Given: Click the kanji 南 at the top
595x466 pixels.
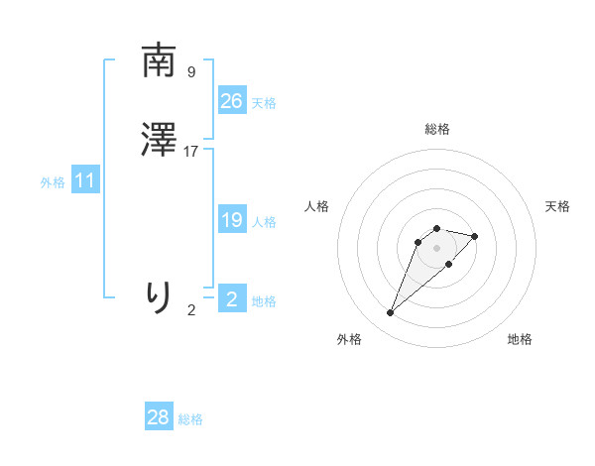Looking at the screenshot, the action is pos(159,61).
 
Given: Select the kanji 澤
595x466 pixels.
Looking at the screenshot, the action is pos(159,142).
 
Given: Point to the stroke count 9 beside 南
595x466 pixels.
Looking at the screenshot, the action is pos(190,72).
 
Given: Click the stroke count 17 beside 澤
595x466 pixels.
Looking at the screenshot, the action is pos(191,152).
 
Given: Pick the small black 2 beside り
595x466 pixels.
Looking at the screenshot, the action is pos(191,310).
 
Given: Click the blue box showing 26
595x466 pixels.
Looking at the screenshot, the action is pos(232,101).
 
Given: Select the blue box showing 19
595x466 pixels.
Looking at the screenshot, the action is pos(232,221).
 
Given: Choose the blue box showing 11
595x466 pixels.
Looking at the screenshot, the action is pos(85,181).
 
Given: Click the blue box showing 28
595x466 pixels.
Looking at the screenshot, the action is pos(159,418).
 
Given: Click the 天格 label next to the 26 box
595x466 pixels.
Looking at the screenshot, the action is pos(264,103).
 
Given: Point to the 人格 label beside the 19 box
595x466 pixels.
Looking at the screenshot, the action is pos(264,222).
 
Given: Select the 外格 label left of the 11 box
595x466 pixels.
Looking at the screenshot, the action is pos(53,182).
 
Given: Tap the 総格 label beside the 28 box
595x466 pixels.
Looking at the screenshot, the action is pos(190,419).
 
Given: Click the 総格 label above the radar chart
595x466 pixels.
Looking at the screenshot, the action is pos(436,129).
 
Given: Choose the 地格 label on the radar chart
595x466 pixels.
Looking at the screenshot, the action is pos(520,339).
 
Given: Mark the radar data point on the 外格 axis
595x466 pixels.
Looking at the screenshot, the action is pos(391,313).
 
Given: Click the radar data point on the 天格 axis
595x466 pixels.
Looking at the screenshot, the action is pos(475,236).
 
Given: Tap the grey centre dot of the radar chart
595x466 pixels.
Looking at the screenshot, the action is pos(436,247).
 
